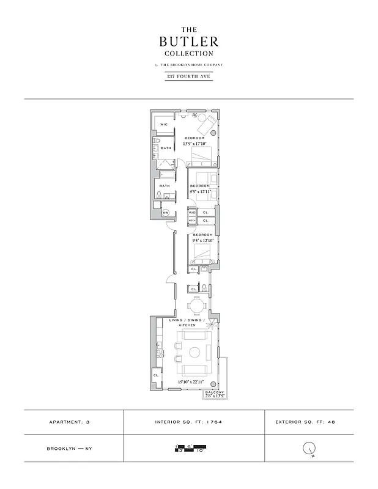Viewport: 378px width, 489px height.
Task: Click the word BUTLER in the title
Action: [188, 42]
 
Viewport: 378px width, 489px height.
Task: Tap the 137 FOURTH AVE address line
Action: [189, 76]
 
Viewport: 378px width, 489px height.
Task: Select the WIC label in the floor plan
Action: [163, 124]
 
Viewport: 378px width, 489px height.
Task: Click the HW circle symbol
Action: [165, 213]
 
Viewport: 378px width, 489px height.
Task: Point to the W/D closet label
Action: [191, 213]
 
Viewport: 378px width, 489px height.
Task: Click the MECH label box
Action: [191, 220]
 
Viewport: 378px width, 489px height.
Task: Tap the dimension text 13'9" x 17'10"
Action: [195, 144]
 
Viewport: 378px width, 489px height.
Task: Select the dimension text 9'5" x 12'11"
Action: [200, 191]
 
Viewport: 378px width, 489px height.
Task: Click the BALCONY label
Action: [215, 392]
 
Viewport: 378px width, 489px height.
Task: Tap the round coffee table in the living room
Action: [195, 353]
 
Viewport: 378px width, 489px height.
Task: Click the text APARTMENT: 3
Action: [73, 422]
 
